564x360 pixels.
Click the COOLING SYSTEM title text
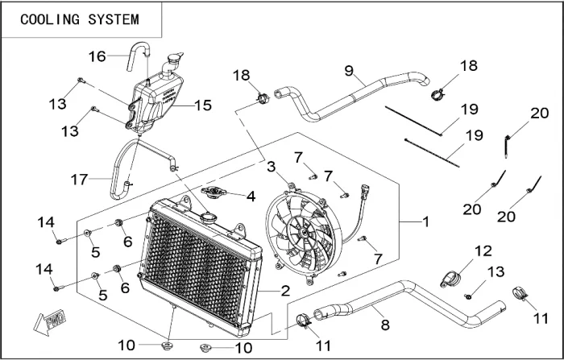tap(79, 19)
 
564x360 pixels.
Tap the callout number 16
tap(97, 56)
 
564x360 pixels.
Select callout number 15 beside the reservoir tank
tap(202, 106)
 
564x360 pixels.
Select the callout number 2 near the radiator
tap(285, 291)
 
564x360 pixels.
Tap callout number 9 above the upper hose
tap(349, 72)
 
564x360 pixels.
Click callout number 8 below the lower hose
tap(385, 325)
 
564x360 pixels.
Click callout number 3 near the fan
tap(272, 167)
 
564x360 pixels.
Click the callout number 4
tap(251, 195)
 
